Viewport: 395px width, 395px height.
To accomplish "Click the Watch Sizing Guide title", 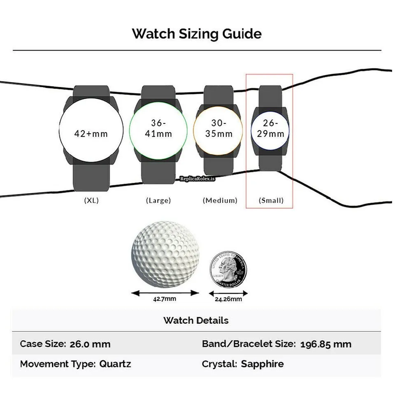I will (197, 34).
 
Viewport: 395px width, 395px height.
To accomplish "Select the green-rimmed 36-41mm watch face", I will (158, 129).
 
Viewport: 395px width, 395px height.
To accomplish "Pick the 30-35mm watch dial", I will (218, 128).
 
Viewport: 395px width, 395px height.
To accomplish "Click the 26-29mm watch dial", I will (270, 128).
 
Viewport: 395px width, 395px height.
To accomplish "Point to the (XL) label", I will (91, 200).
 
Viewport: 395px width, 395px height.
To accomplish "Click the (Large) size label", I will (158, 200).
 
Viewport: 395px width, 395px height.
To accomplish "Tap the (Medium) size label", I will (220, 200).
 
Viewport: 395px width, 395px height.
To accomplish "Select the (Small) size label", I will (271, 200).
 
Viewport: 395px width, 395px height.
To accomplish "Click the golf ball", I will (165, 254).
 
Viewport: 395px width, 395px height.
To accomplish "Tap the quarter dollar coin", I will (228, 270).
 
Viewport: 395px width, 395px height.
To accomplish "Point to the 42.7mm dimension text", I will (165, 299).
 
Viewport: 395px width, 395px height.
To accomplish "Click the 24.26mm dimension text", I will (228, 299).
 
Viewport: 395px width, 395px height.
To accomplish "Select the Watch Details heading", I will (196, 320).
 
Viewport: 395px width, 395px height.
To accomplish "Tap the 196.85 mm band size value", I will (326, 344).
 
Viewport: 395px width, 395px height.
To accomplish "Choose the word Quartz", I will (115, 364).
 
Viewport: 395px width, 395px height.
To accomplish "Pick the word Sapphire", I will (262, 364).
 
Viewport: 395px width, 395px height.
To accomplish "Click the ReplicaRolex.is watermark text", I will (198, 179).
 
